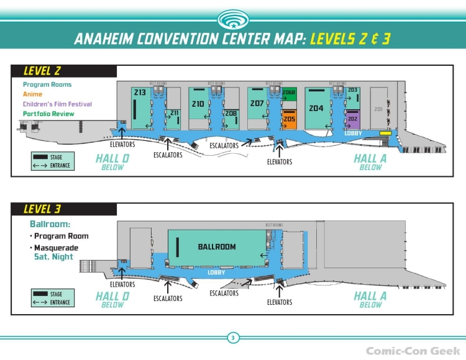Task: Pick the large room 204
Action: [316, 109]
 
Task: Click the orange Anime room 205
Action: [289, 119]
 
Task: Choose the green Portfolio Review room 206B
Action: [289, 94]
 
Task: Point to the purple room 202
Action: [352, 119]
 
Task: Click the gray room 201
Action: [378, 109]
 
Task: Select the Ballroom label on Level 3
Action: [217, 247]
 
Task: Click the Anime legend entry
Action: [32, 94]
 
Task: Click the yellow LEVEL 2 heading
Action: [42, 71]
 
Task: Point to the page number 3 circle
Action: [233, 338]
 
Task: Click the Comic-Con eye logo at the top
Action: [233, 19]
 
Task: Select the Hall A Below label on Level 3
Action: [370, 299]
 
